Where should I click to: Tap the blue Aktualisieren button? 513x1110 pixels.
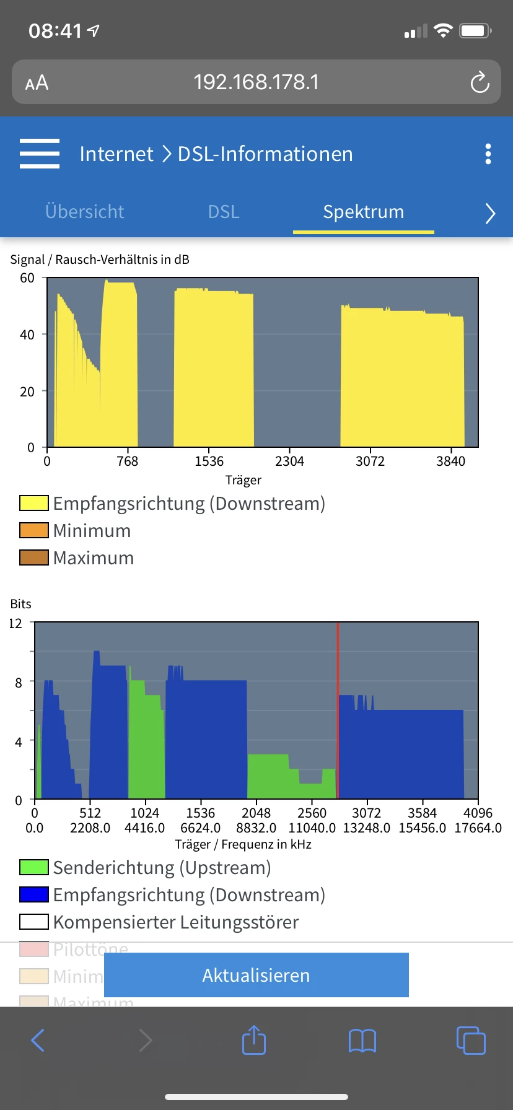tap(256, 975)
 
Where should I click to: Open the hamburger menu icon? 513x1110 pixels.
tap(40, 154)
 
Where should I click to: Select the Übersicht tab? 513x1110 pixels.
tap(85, 212)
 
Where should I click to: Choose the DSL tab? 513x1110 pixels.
tap(224, 212)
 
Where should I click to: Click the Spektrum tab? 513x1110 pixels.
tap(363, 212)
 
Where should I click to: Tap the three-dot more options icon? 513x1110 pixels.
tap(488, 154)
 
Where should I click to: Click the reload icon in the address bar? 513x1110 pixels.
tap(480, 82)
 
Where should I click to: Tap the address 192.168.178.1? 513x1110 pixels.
tap(256, 82)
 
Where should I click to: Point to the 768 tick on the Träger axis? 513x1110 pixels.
tap(128, 461)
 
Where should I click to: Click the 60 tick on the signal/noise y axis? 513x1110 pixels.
tap(27, 278)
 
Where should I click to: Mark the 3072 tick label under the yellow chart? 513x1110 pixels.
tap(370, 461)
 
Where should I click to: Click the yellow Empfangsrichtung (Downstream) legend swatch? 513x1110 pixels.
tap(34, 503)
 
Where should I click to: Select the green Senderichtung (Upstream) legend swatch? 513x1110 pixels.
tap(34, 867)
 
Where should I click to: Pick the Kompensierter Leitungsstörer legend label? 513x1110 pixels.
tap(176, 922)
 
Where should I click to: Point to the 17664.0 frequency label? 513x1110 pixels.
tap(478, 828)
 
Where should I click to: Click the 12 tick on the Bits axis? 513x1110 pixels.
tap(15, 623)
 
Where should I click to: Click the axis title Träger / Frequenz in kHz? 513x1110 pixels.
tap(243, 844)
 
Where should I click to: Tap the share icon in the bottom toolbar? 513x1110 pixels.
tap(254, 1040)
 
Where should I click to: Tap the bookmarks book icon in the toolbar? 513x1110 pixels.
tap(362, 1041)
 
